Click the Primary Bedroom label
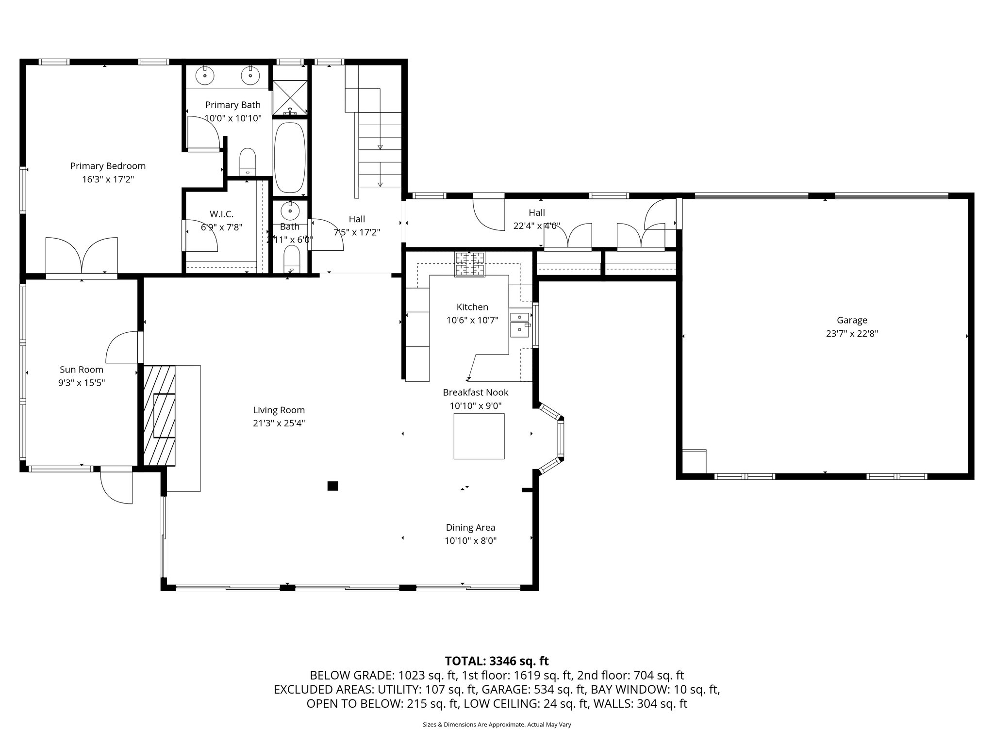click(108, 166)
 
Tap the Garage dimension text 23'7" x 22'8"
click(852, 334)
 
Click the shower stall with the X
click(290, 97)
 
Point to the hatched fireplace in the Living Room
click(160, 415)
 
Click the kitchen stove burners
click(469, 264)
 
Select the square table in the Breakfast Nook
click(479, 436)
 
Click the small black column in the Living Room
click(332, 486)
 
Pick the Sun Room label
click(82, 370)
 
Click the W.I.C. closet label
click(221, 214)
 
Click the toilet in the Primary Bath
click(248, 162)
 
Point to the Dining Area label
click(470, 528)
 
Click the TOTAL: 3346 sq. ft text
click(497, 661)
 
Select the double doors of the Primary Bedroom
click(82, 256)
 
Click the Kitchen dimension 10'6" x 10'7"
click(472, 320)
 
